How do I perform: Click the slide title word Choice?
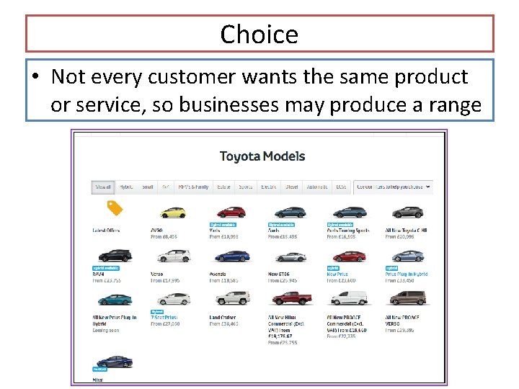(x=259, y=34)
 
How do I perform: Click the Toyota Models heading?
(x=262, y=156)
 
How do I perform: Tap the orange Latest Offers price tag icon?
(x=115, y=209)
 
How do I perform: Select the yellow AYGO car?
(x=173, y=212)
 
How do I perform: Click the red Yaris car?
(x=231, y=212)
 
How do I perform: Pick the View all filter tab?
(x=103, y=187)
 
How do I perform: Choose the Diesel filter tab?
(x=292, y=187)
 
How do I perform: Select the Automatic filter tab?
(x=317, y=187)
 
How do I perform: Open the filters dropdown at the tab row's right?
(x=394, y=187)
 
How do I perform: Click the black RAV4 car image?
(x=115, y=255)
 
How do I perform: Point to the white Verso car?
(x=173, y=255)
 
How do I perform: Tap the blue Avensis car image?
(x=231, y=256)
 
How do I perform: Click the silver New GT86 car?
(x=290, y=256)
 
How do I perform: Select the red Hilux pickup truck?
(x=290, y=298)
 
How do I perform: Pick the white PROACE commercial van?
(x=349, y=298)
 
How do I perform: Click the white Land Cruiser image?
(x=231, y=298)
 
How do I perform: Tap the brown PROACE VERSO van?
(x=407, y=298)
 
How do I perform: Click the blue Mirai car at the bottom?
(x=115, y=361)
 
